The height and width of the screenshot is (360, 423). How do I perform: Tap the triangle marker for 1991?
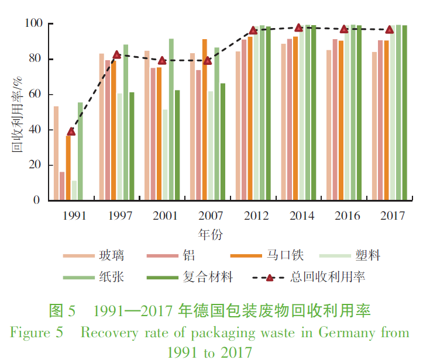point(71,131)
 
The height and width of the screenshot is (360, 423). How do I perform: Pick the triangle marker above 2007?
point(207,61)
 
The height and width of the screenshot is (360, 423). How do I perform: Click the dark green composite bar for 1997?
point(132,146)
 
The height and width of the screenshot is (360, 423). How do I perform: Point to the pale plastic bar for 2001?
point(165,155)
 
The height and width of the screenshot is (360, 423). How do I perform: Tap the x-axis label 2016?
point(347,216)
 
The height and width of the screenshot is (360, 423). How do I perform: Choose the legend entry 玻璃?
point(111,256)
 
